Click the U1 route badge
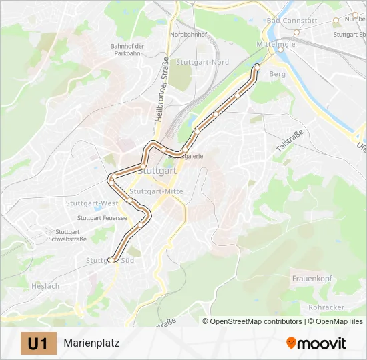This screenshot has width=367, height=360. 38,343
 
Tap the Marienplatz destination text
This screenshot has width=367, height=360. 91,344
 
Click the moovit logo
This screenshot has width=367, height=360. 316,343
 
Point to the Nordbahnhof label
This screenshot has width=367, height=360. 188,34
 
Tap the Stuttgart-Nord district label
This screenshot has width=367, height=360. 202,62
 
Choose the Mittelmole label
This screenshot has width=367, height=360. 271,44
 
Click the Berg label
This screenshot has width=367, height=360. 278,74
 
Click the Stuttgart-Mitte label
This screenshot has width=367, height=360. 155,192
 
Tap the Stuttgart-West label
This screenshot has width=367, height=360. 92,203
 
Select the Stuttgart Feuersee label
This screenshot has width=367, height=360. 102,218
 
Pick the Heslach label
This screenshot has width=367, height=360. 45,286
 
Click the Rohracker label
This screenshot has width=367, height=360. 326,307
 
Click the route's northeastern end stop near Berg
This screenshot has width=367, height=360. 257,66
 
